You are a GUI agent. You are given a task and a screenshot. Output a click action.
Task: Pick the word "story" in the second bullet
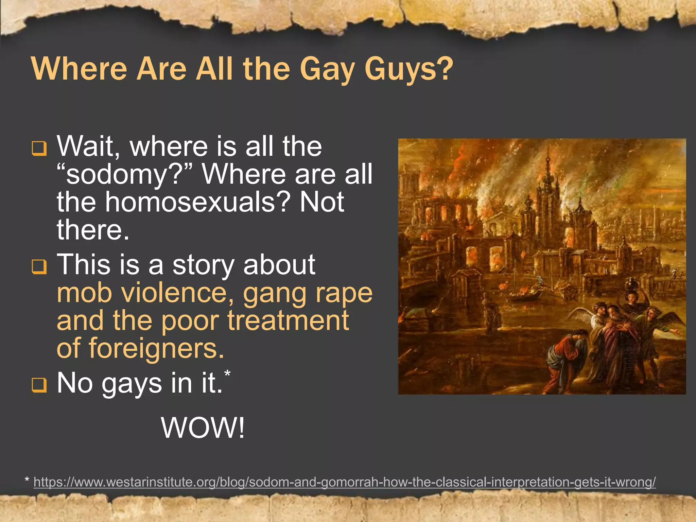pyautogui.click(x=203, y=265)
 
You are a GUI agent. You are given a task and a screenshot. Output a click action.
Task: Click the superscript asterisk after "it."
pyautogui.click(x=227, y=374)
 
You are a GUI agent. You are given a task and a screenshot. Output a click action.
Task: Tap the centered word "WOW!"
pyautogui.click(x=203, y=428)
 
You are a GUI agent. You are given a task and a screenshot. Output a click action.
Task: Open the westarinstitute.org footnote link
pyautogui.click(x=345, y=482)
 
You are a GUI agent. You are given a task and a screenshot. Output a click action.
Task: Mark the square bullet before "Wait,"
pyautogui.click(x=39, y=149)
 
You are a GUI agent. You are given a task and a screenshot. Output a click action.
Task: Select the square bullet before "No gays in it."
pyautogui.click(x=39, y=385)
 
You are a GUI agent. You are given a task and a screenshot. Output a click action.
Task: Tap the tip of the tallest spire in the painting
pyautogui.click(x=548, y=150)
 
